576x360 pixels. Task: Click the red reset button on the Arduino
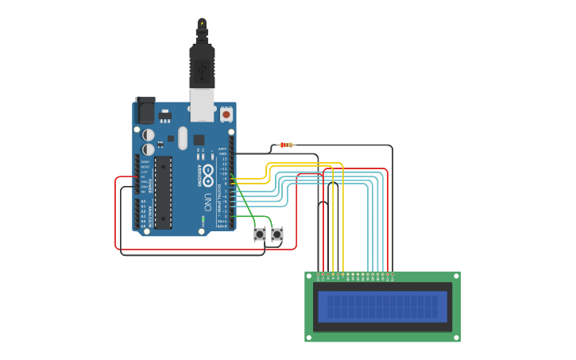226,114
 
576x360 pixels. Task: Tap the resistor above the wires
286,145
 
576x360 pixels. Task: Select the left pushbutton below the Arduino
260,234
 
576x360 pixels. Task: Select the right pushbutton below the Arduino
277,234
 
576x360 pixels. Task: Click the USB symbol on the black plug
202,73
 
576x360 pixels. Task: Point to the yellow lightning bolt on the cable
202,23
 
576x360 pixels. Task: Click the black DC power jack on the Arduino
145,110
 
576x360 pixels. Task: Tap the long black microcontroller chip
163,192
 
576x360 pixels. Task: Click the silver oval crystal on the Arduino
184,137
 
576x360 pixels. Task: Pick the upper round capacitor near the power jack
149,135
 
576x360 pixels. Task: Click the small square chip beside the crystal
199,140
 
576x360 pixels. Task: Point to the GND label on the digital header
223,154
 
